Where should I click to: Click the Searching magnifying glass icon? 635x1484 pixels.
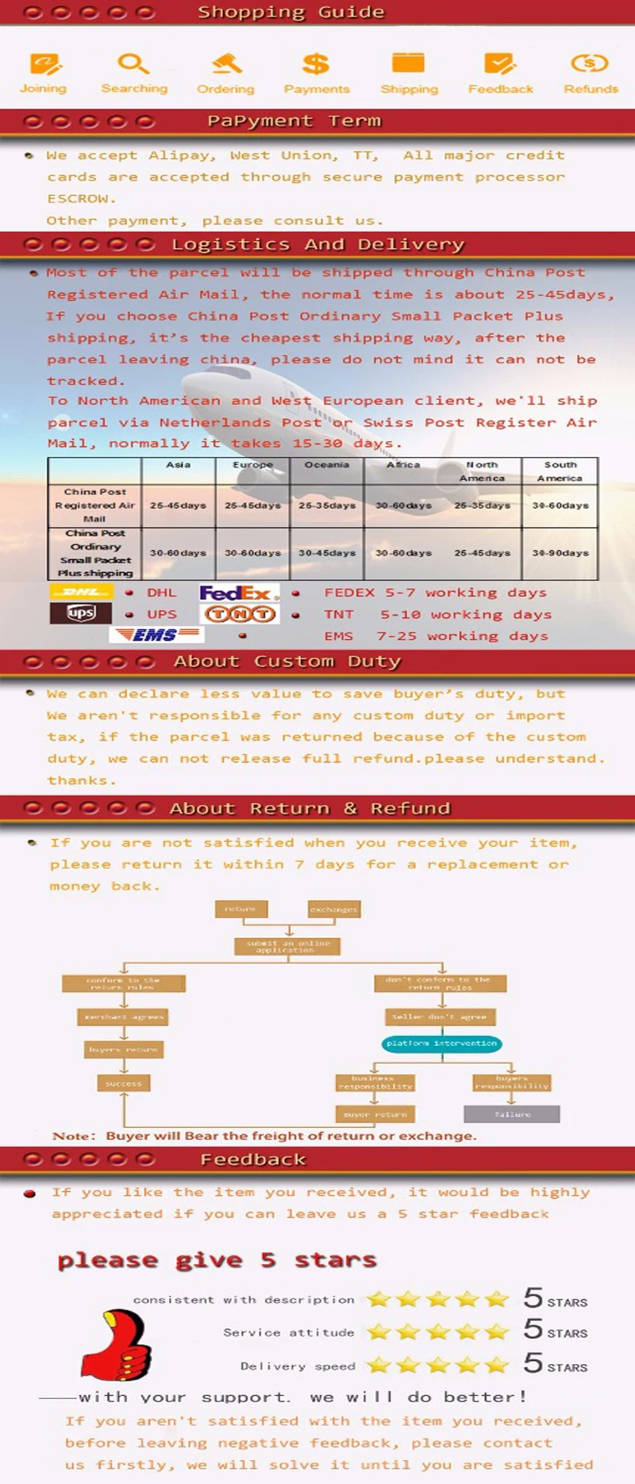(x=133, y=63)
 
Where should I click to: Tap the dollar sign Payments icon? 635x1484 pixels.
(x=316, y=63)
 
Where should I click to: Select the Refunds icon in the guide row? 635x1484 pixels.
(x=590, y=63)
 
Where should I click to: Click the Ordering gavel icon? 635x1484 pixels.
(x=227, y=63)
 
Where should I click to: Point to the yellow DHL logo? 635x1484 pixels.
(x=81, y=592)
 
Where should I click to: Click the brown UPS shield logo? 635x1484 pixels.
(x=80, y=613)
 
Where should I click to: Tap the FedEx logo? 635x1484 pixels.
(x=239, y=593)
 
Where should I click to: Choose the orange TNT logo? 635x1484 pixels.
(x=241, y=614)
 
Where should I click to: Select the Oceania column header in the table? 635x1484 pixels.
(x=327, y=465)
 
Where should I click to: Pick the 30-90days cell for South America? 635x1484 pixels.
(x=560, y=553)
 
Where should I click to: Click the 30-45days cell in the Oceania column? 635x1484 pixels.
(x=327, y=553)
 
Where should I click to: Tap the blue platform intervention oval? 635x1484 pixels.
(x=441, y=1044)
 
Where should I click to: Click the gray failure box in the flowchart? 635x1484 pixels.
(x=512, y=1114)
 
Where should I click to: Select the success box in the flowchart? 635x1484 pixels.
(x=124, y=1083)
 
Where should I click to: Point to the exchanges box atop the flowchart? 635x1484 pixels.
(x=334, y=909)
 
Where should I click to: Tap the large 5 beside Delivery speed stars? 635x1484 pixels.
(x=533, y=1363)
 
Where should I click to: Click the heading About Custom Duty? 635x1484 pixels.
(x=287, y=662)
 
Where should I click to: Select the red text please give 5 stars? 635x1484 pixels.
(x=217, y=1260)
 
